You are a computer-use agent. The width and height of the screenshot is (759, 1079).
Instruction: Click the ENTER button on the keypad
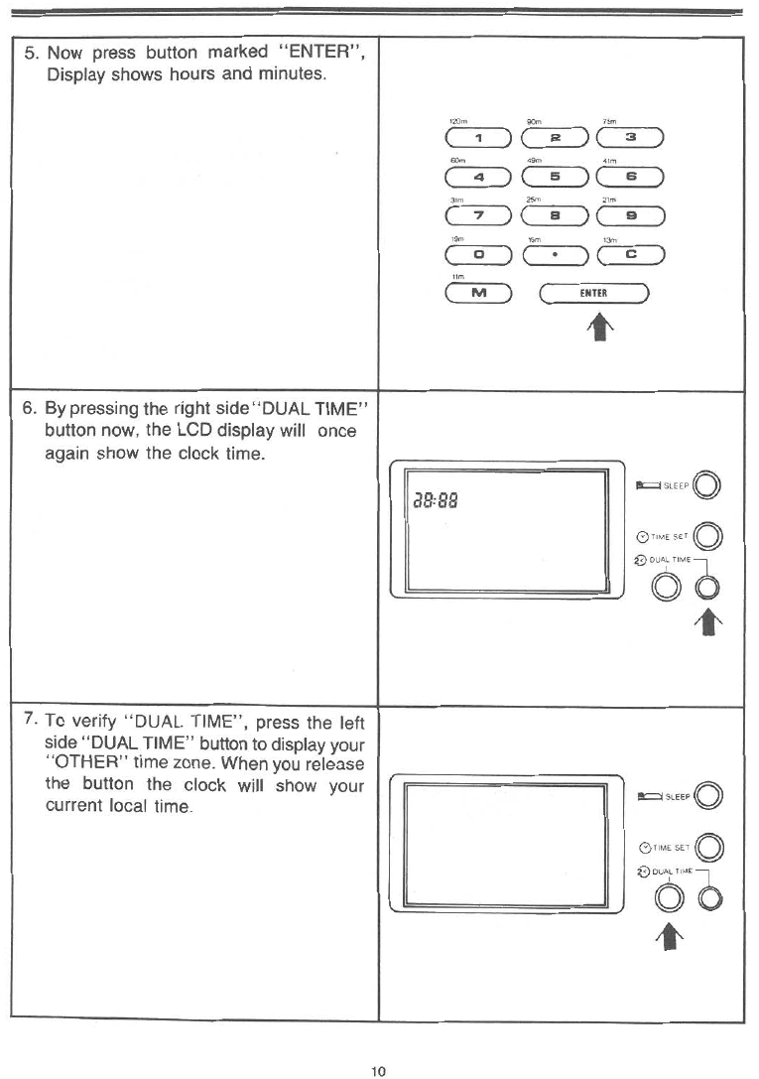pos(593,294)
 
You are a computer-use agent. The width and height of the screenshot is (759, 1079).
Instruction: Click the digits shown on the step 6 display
pos(443,500)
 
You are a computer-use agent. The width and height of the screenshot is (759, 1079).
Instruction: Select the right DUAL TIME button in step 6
pos(706,588)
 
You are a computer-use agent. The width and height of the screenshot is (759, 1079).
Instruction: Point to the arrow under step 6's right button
pos(706,624)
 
